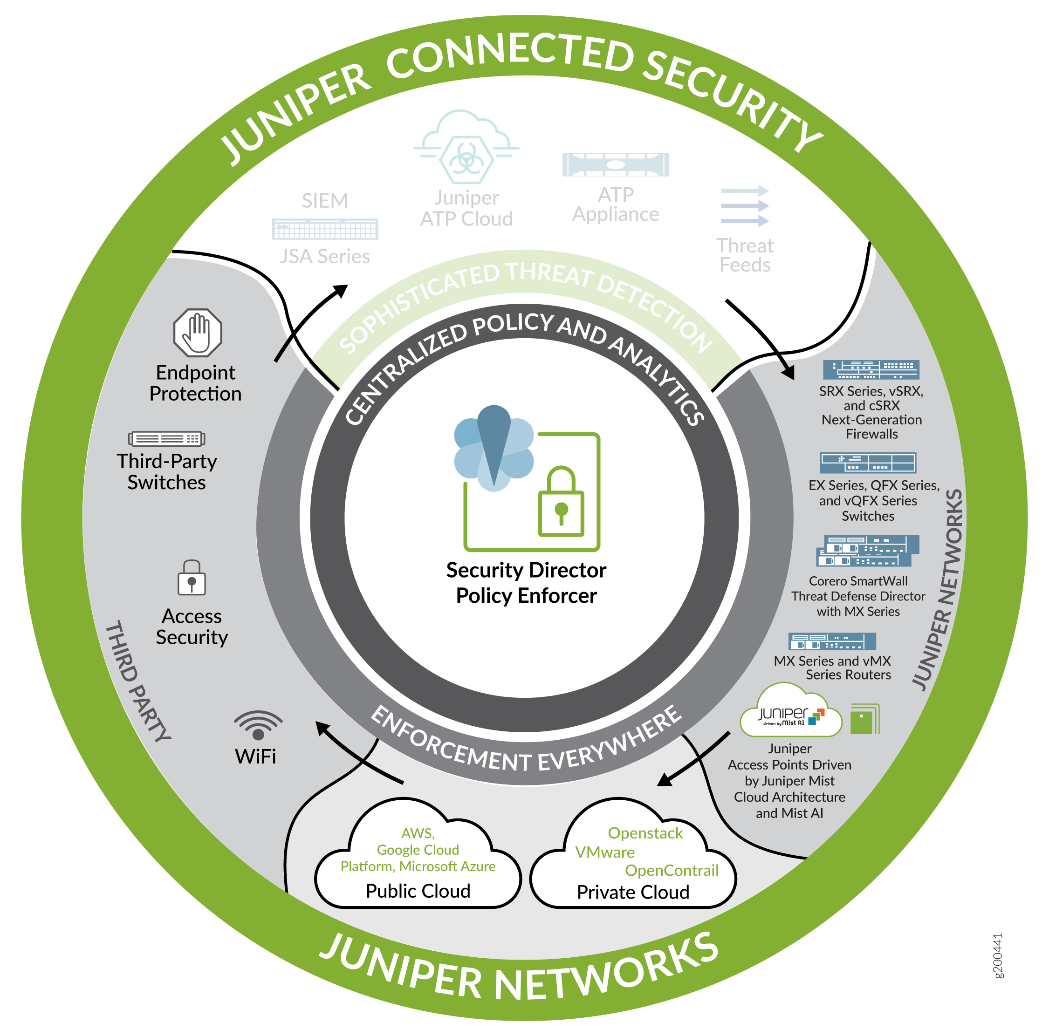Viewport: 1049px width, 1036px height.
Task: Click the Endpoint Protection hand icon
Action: (198, 332)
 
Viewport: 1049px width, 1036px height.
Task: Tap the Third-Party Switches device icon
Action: (167, 438)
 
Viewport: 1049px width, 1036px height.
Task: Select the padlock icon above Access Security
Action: (192, 578)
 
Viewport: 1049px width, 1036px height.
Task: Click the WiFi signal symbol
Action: (258, 725)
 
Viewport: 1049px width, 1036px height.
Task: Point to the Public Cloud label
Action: (418, 891)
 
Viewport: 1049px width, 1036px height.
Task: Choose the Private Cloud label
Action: (633, 892)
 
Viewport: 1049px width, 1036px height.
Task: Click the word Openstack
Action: (645, 833)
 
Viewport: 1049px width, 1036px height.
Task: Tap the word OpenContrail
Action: (672, 871)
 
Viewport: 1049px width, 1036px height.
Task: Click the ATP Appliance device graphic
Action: (615, 164)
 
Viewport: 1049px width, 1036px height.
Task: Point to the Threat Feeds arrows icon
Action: (744, 206)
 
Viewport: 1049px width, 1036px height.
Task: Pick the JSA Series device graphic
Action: (325, 229)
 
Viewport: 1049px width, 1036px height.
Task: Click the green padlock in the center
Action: (561, 502)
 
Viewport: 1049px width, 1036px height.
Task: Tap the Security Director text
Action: (526, 570)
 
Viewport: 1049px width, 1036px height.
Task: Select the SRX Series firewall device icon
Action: (871, 369)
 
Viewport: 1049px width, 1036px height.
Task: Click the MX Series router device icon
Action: (832, 641)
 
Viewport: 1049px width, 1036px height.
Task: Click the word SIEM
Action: (325, 201)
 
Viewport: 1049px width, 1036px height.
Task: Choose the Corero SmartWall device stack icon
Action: (868, 550)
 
